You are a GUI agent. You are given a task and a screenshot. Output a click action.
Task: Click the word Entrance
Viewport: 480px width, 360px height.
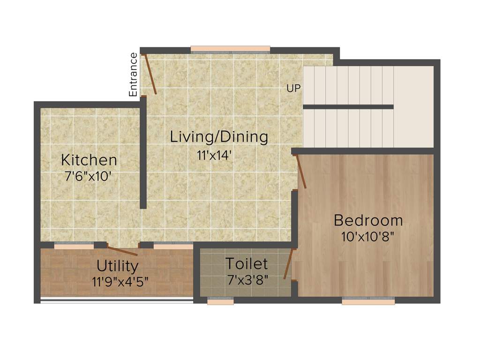(134, 75)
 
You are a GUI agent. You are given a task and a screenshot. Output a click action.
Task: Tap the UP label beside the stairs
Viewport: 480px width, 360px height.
(294, 88)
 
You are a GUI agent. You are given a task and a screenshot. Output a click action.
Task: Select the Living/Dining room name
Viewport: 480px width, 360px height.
(219, 137)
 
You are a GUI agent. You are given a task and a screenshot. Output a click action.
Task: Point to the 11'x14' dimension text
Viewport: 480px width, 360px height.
(215, 156)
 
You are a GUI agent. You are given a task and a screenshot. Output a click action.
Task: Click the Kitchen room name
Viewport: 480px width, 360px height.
(89, 160)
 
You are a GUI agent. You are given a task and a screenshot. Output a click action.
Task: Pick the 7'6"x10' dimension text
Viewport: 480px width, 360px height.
(89, 177)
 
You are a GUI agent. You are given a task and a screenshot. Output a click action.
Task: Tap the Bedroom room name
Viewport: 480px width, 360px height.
(368, 220)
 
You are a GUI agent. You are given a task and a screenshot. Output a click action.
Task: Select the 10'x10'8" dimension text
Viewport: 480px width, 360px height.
(367, 236)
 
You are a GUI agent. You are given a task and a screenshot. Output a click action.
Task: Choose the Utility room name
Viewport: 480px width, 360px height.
(117, 266)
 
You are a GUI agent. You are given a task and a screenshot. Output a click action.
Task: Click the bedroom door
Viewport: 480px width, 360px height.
(301, 172)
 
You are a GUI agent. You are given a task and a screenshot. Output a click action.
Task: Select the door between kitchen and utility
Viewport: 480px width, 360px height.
(122, 249)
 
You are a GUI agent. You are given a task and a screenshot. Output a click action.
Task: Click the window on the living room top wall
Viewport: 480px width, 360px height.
(230, 49)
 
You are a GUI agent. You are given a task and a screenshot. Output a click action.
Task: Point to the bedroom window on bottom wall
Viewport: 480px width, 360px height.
(368, 301)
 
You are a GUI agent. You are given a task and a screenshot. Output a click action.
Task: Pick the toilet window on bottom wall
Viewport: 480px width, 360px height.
(220, 301)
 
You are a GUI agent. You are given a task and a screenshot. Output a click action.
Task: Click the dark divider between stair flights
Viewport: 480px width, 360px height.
(348, 107)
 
